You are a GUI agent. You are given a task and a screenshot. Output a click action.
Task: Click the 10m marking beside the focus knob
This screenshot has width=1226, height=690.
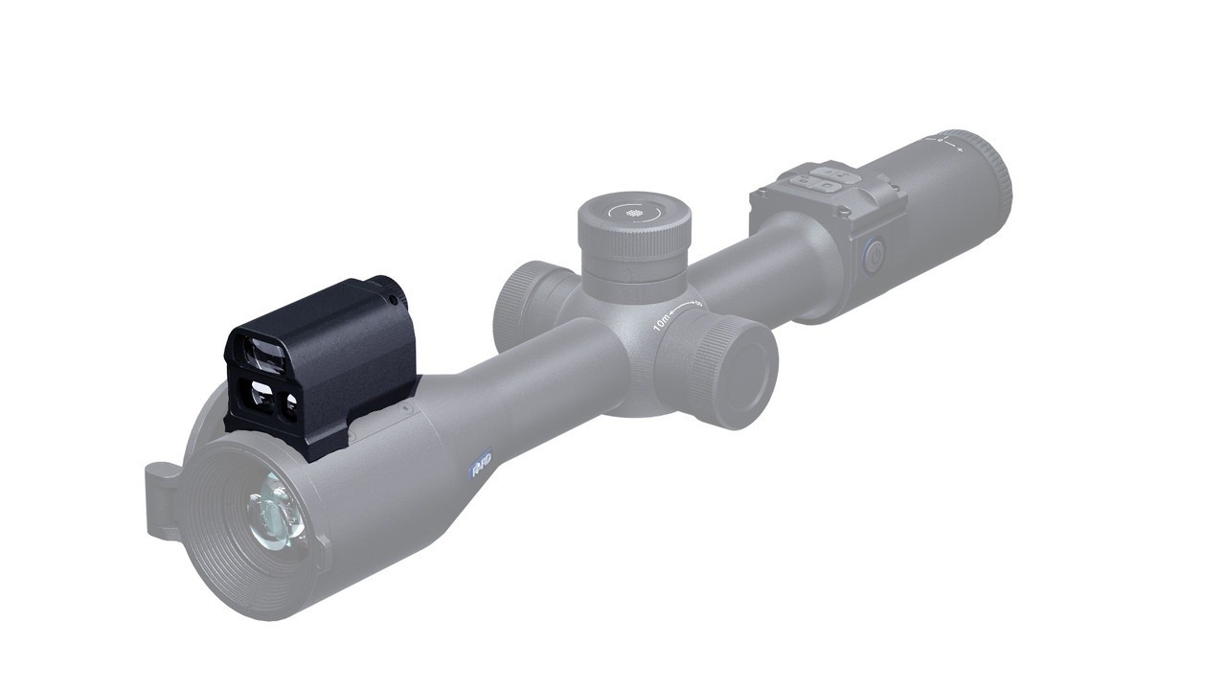coord(662,321)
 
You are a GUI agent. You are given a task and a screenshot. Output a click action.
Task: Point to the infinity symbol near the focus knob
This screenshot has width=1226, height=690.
coord(698,303)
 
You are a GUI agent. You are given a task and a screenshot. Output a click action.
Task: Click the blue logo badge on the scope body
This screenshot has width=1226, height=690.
coord(481,465)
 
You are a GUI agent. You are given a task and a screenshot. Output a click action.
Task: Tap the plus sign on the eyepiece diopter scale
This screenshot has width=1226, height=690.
coord(959,150)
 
